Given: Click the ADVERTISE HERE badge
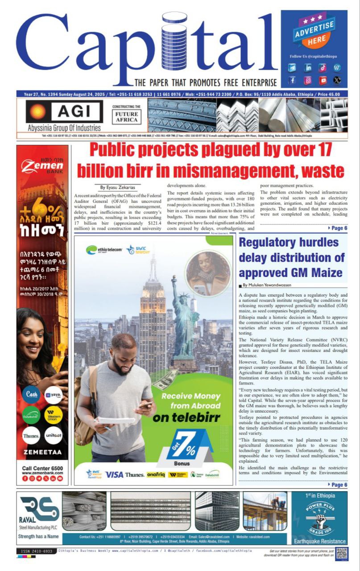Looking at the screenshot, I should click(x=313, y=32).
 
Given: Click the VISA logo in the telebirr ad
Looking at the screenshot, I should click(x=114, y=474).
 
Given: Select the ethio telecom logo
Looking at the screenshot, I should click(x=104, y=250).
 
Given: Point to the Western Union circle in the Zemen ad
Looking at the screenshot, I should click(x=53, y=414).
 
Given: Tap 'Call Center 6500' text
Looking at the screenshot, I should click(x=42, y=468).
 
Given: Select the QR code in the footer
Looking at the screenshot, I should click(x=342, y=553).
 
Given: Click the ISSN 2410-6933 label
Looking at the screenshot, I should click(x=37, y=551).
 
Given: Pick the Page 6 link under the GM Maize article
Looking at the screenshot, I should click(x=337, y=484).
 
